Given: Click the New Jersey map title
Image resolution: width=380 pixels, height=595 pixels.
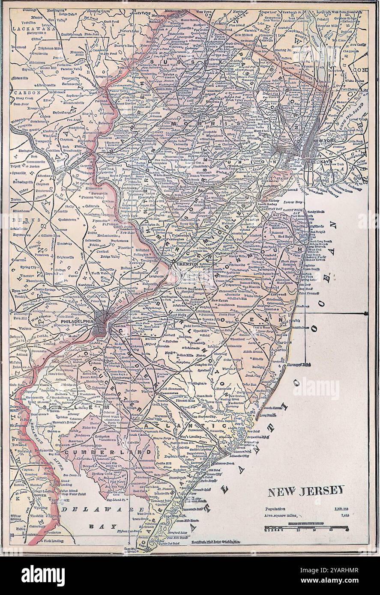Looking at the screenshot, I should [x=306, y=491].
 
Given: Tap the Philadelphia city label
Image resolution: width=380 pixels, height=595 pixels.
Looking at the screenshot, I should [x=77, y=321].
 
